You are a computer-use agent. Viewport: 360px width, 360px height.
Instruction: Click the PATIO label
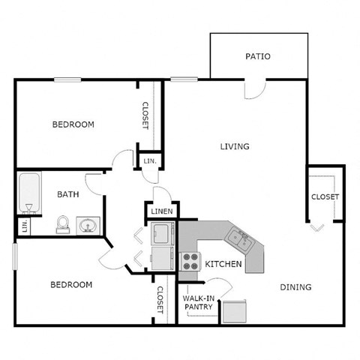[257, 56]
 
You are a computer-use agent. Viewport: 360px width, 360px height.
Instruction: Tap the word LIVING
[234, 146]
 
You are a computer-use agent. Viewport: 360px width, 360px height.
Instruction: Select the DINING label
[295, 287]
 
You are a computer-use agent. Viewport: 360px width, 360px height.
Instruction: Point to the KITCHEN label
[223, 264]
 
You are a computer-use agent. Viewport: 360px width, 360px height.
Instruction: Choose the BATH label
[68, 194]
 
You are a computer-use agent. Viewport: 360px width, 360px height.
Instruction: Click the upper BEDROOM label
[73, 124]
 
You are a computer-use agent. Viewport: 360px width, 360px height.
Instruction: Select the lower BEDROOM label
[71, 285]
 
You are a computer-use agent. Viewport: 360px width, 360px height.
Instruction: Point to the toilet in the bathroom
[63, 223]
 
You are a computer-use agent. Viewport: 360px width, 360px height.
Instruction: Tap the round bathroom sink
[87, 224]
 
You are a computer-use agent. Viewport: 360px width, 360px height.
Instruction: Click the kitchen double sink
[240, 240]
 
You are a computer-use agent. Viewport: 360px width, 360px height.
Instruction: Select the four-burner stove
[189, 262]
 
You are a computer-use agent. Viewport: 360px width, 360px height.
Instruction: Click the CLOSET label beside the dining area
[325, 197]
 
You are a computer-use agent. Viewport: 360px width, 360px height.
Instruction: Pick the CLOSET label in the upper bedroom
[145, 115]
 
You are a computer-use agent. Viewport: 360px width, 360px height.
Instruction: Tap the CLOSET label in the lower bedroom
[160, 299]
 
